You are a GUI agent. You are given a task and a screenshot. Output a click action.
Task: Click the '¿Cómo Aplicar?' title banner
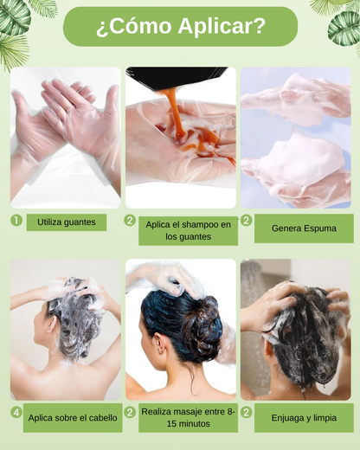point(180,27)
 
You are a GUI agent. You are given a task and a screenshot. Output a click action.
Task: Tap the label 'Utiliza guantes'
point(67,222)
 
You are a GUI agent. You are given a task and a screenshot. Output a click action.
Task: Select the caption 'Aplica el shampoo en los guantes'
point(188,231)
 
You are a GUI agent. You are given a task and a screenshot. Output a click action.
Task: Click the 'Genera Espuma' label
point(304,228)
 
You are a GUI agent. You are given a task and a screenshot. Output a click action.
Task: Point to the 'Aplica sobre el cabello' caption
point(73,418)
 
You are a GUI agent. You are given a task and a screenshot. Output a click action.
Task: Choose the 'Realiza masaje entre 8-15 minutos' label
point(188,418)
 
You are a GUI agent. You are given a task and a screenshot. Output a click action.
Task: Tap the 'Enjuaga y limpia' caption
point(304,418)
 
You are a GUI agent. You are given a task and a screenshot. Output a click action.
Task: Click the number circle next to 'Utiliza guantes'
point(16,221)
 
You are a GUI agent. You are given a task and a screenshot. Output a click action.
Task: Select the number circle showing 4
point(16,412)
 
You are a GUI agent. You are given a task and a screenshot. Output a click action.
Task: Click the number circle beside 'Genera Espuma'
point(247,221)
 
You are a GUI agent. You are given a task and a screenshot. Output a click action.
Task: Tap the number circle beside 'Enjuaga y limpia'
point(247,412)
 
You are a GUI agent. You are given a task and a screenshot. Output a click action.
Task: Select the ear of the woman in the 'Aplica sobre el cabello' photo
point(52,323)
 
